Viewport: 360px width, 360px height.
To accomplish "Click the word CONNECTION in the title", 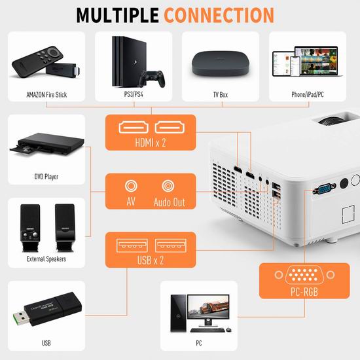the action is tap(219, 15).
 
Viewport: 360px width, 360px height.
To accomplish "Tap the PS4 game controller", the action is tap(152, 79).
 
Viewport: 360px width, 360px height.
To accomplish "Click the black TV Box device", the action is tap(221, 63).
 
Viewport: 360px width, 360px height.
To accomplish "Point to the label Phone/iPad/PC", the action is tap(308, 94).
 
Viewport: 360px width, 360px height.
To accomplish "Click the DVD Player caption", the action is tap(46, 177).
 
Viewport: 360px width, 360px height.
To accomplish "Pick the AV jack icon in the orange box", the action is tap(131, 186).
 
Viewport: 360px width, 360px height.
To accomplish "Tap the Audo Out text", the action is tap(170, 202).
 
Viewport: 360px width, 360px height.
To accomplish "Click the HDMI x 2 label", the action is tap(151, 143).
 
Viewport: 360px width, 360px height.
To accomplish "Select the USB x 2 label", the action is tap(151, 261).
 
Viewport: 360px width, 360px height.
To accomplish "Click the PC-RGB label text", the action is tap(304, 292).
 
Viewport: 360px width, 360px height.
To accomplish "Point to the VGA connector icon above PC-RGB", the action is tap(304, 275).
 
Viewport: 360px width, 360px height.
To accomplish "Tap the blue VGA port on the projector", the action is tap(324, 189).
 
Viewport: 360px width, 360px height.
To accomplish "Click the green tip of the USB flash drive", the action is tap(21, 318).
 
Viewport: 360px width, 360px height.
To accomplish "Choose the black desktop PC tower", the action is tap(178, 313).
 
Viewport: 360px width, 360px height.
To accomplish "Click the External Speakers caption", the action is tap(46, 259).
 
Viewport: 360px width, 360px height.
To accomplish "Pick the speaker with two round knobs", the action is tap(30, 227).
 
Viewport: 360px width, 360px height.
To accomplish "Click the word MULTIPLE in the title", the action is tap(117, 15).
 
